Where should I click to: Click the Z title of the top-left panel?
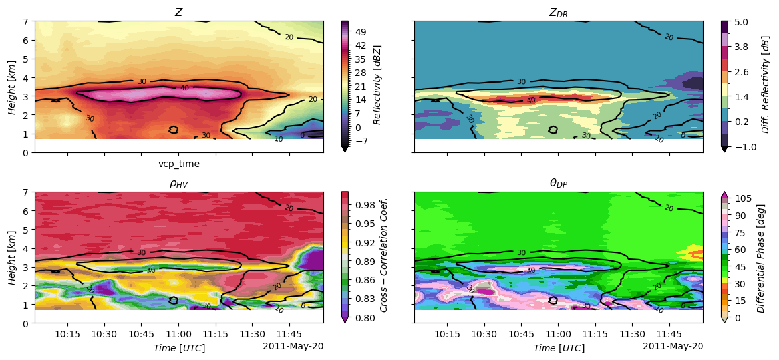coord(179,12)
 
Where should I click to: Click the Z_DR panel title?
coord(559,12)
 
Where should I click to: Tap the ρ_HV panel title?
coord(179,183)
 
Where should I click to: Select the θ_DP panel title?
coord(559,183)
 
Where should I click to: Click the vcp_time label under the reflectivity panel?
coord(179,164)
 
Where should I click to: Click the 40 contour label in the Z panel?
coord(184,88)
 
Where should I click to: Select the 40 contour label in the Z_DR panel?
coord(531,100)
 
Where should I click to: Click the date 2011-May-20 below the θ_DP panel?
coord(673,346)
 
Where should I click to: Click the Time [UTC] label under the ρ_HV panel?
coord(179,348)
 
